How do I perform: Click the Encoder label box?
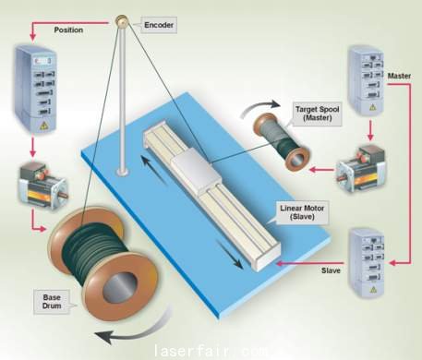pyautogui.click(x=159, y=25)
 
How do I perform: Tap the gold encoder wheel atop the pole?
pyautogui.click(x=122, y=21)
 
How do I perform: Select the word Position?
pyautogui.click(x=68, y=30)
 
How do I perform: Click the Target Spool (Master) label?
pyautogui.click(x=318, y=114)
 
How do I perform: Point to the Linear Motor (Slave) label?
pyautogui.click(x=302, y=212)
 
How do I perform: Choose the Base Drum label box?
pyautogui.click(x=52, y=302)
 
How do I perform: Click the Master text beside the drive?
pyautogui.click(x=399, y=76)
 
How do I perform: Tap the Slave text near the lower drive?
pyautogui.click(x=331, y=270)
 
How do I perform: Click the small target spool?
pyautogui.click(x=282, y=142)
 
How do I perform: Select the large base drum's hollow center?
pyautogui.click(x=120, y=287)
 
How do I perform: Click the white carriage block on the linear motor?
pyautogui.click(x=196, y=171)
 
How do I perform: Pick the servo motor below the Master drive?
pyautogui.click(x=361, y=169)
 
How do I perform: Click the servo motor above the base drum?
pyautogui.click(x=43, y=186)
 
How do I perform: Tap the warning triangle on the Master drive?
pyautogui.click(x=373, y=107)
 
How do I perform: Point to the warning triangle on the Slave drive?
pyautogui.click(x=373, y=290)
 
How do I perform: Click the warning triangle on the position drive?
pyautogui.click(x=44, y=125)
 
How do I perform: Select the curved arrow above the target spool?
pyautogui.click(x=260, y=107)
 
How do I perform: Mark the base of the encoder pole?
pyautogui.click(x=123, y=173)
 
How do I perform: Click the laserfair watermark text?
pyautogui.click(x=211, y=351)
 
